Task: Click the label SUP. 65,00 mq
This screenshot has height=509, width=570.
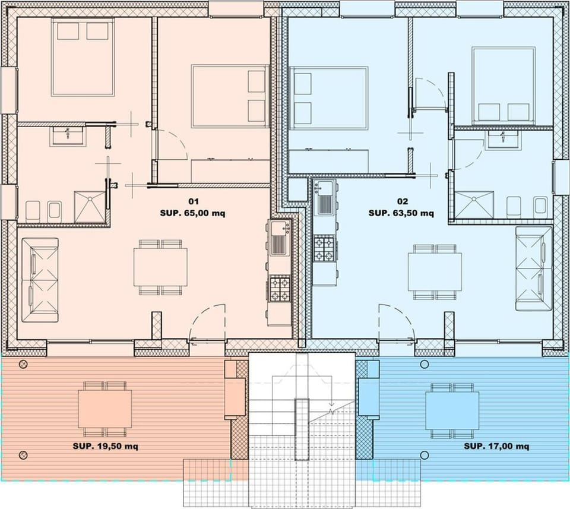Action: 192,212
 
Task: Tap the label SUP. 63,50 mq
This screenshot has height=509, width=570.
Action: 401,213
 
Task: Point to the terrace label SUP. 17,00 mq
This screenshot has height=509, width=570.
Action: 496,446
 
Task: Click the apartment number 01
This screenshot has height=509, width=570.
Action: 192,201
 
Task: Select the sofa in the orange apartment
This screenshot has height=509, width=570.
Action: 40,280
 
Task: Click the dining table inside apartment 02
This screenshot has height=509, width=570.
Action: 435,271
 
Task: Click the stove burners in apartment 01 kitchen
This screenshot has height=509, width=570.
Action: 280,288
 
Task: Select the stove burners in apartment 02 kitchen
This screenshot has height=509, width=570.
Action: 325,248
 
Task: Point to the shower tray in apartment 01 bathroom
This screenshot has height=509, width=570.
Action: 90,206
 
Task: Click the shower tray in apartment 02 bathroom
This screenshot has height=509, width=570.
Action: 474,205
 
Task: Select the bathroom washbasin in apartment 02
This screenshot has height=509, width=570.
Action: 503,139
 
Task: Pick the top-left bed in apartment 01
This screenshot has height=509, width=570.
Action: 83,57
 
